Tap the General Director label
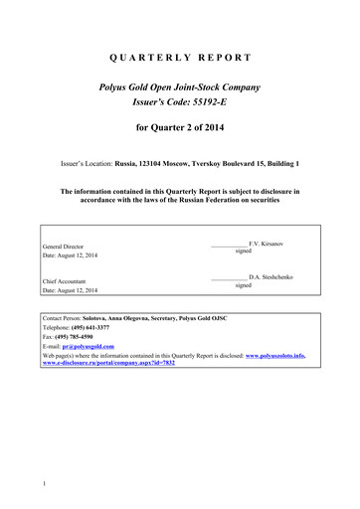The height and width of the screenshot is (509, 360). [63, 246]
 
